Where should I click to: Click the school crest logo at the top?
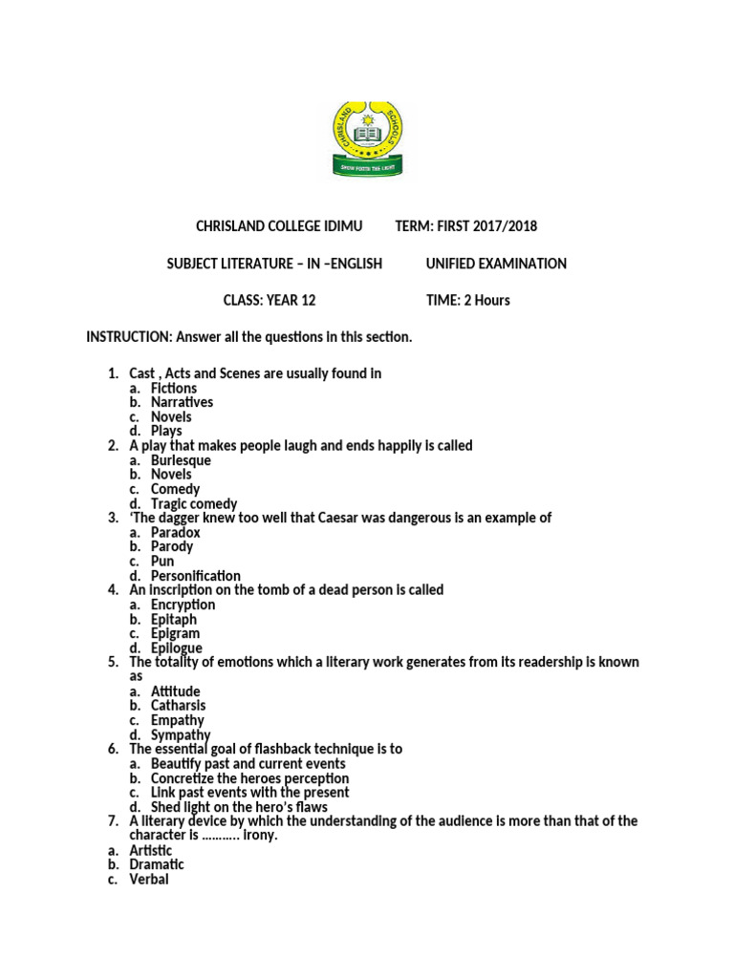point(367,139)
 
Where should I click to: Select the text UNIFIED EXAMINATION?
point(496,264)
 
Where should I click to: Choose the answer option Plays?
point(166,432)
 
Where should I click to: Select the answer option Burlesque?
point(181,460)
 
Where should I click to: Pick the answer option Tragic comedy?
point(194,503)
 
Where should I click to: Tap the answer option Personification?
point(196,576)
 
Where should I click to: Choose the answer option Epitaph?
point(174,619)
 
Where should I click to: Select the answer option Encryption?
point(183,605)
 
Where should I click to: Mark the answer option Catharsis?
point(178,706)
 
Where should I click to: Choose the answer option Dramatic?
point(157,864)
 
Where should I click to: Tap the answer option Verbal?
point(149,879)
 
